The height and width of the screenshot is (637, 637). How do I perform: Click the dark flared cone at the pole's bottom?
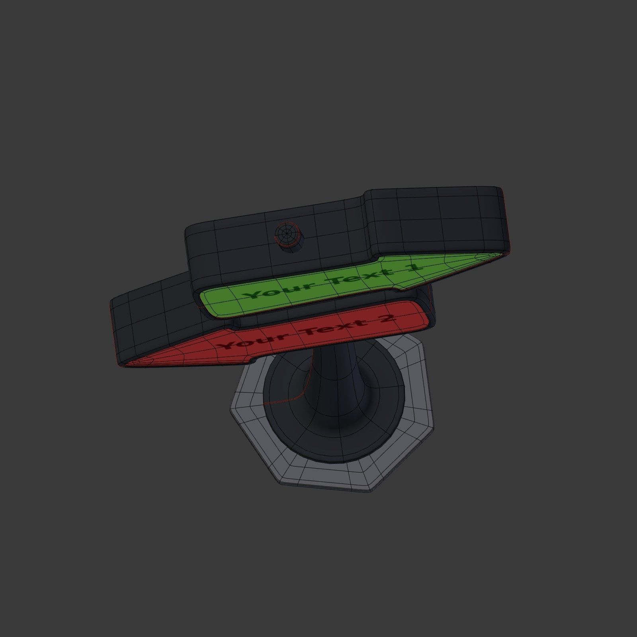click(303, 430)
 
